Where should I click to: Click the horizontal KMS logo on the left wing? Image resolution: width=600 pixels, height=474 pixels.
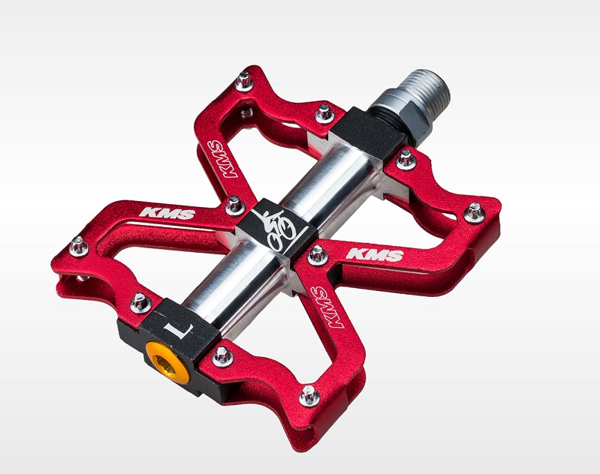coord(167,213)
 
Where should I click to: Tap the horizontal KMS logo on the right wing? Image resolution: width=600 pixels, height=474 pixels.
coord(375,254)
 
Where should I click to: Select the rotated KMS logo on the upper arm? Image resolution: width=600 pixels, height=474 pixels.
coord(222,159)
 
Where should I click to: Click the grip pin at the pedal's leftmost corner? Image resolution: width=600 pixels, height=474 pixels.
coord(79,247)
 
